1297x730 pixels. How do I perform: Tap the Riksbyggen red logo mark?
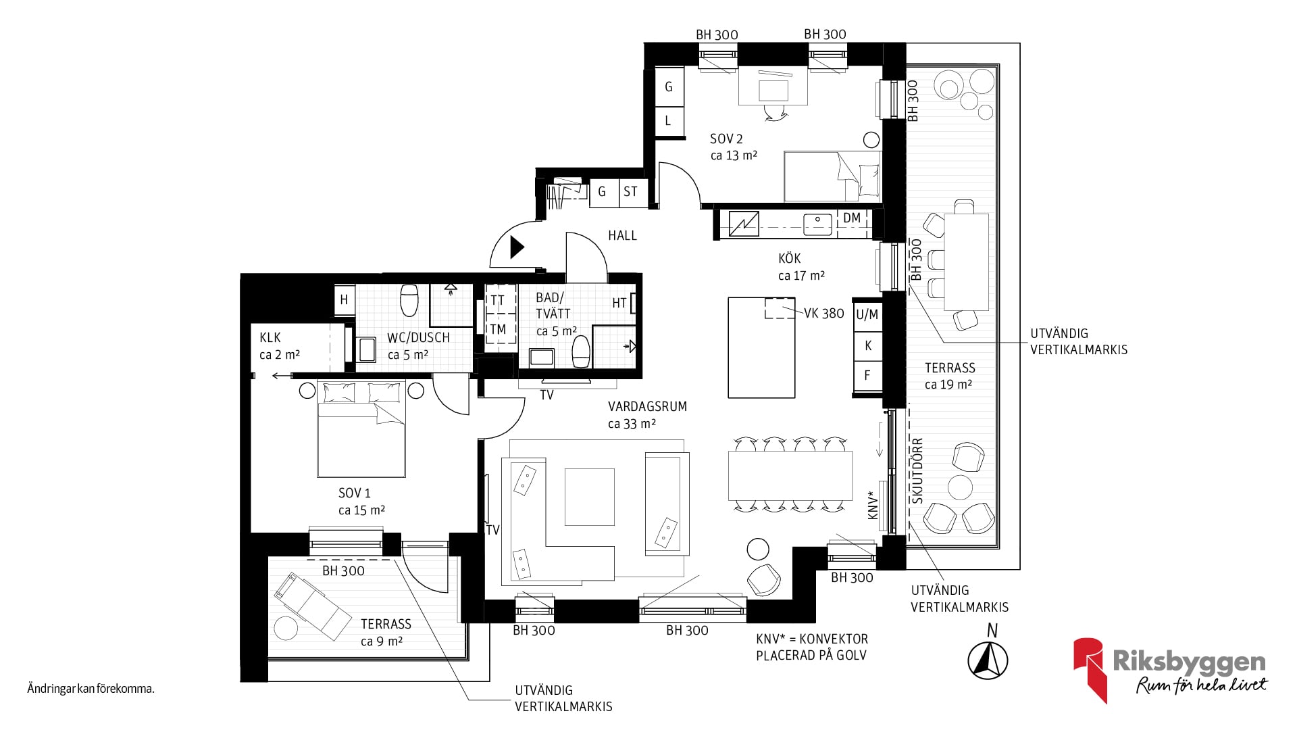pyautogui.click(x=1090, y=670)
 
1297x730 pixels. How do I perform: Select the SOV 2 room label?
pyautogui.click(x=726, y=139)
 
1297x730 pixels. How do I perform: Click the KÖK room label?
pyautogui.click(x=789, y=258)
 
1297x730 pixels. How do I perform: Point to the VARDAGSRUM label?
pyautogui.click(x=647, y=406)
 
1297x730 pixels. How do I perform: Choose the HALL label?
pyautogui.click(x=622, y=235)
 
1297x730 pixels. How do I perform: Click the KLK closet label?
pyautogui.click(x=270, y=337)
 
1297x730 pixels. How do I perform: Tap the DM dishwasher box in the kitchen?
pyautogui.click(x=853, y=218)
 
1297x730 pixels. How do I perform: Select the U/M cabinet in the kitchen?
pyautogui.click(x=867, y=314)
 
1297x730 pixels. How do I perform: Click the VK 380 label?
pyautogui.click(x=823, y=313)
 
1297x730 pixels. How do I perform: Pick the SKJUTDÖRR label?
pyautogui.click(x=917, y=471)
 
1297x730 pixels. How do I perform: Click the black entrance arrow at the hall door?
pyautogui.click(x=517, y=247)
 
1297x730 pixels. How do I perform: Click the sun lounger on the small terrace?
pyautogui.click(x=312, y=606)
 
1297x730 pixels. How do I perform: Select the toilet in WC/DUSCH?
pyautogui.click(x=409, y=300)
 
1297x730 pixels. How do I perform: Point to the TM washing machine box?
pyautogui.click(x=498, y=329)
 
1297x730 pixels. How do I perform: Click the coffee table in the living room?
pyautogui.click(x=590, y=497)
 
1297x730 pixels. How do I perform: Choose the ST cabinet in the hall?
pyautogui.click(x=630, y=192)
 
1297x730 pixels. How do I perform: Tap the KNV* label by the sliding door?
pyautogui.click(x=873, y=505)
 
